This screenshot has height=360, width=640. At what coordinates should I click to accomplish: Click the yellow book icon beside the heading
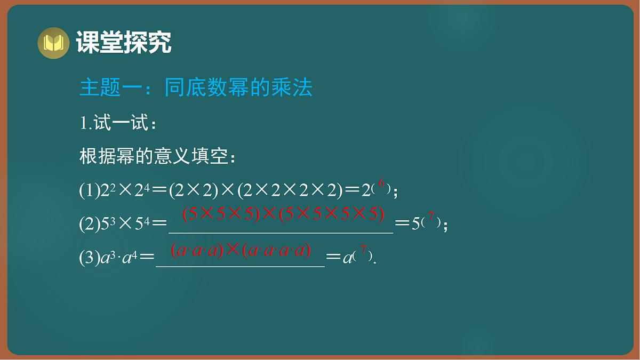pos(53,43)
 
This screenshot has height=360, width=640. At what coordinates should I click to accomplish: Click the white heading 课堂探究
pos(124,43)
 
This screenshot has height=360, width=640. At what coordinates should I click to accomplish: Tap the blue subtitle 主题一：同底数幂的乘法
pos(196,88)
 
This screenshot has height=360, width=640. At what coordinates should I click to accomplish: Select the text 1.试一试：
pos(118,124)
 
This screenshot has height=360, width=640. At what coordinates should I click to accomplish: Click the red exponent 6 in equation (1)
pos(381,186)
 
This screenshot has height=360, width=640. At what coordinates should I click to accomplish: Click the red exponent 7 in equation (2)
pos(431,218)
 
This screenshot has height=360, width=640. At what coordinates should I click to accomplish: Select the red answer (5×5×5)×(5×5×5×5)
pos(283,214)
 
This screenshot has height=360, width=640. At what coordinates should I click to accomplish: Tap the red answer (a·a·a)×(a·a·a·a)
pos(241,250)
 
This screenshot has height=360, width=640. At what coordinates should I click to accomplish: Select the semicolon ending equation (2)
pos(445,227)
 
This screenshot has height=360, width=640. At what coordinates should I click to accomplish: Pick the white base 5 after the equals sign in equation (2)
pos(415,225)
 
